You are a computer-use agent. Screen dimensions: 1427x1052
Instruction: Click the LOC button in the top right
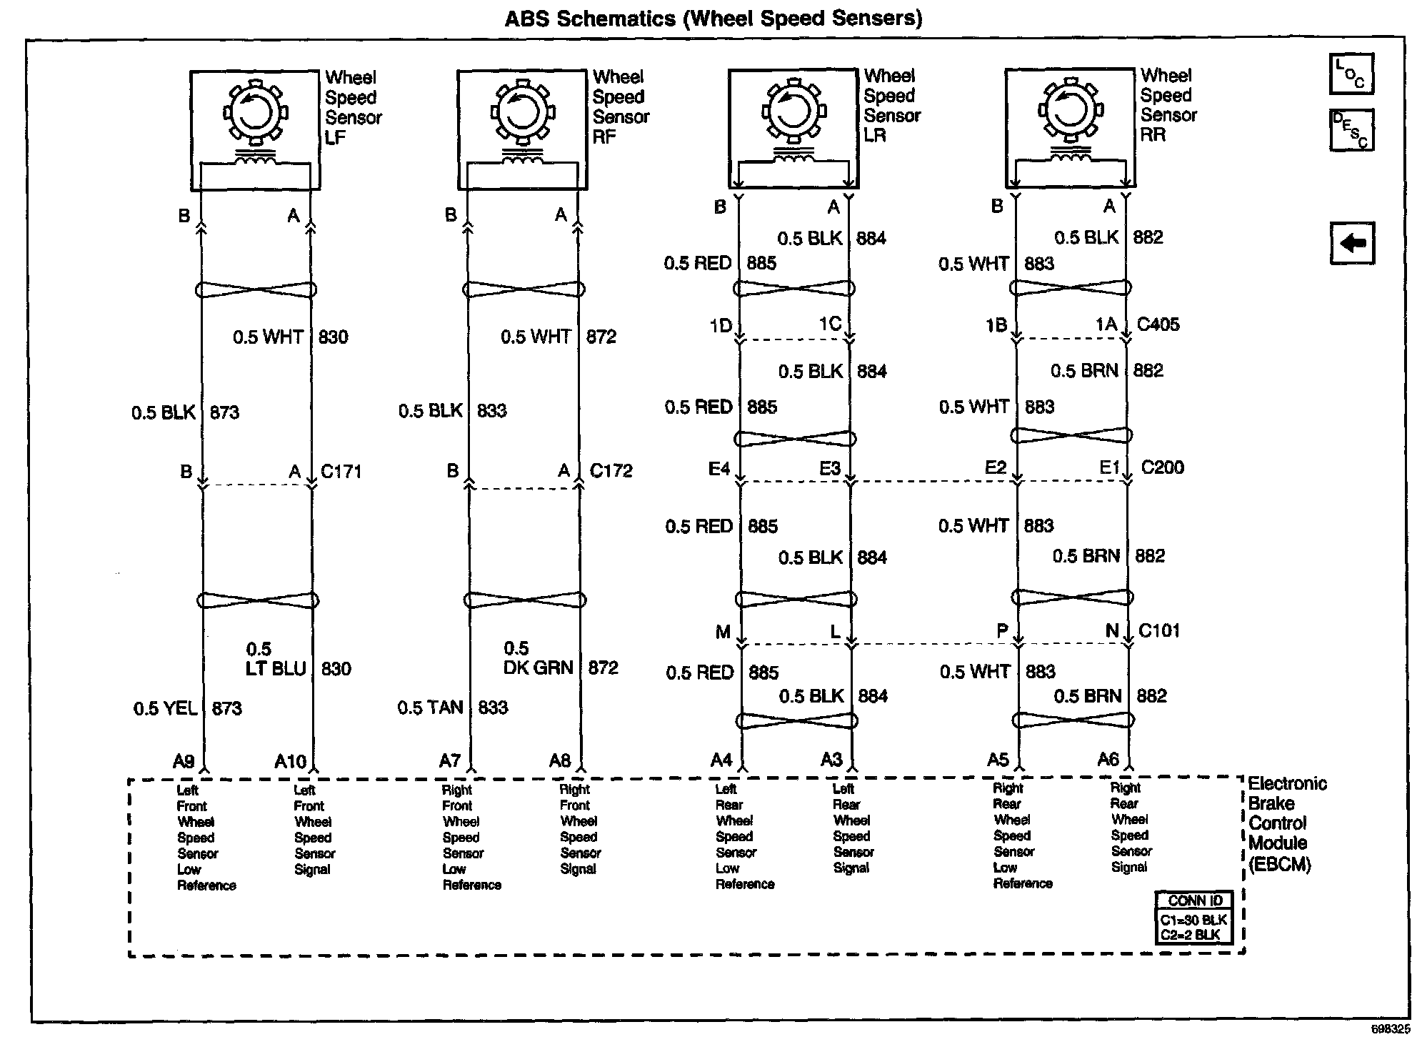[1351, 74]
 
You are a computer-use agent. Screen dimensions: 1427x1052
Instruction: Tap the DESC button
[1351, 129]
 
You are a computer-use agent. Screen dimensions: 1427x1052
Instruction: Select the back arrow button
[1352, 244]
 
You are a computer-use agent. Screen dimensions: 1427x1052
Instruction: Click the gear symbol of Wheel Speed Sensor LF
[254, 111]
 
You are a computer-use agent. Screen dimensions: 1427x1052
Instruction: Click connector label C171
[341, 472]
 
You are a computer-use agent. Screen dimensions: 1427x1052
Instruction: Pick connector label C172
[611, 471]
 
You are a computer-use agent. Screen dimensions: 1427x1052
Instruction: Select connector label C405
[1158, 324]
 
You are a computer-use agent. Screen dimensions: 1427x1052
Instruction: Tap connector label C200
[1162, 467]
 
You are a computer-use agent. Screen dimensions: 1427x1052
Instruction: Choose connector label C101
[1159, 630]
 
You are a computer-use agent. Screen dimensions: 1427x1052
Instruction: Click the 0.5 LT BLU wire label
[276, 659]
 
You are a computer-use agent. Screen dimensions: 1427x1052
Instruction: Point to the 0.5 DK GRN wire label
[539, 658]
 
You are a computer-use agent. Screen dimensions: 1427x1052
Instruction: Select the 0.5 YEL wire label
[166, 708]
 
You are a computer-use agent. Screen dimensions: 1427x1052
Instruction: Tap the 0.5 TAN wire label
[430, 708]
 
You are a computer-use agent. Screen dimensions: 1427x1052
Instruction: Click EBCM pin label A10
[290, 762]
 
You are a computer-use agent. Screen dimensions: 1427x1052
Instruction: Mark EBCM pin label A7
[449, 761]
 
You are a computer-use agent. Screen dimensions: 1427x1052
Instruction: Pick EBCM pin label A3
[831, 760]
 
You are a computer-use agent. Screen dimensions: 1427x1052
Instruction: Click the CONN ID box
[1195, 918]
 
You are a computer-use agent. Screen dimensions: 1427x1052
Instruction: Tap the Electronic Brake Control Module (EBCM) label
[1286, 824]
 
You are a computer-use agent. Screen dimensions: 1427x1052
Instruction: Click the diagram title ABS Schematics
[713, 18]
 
